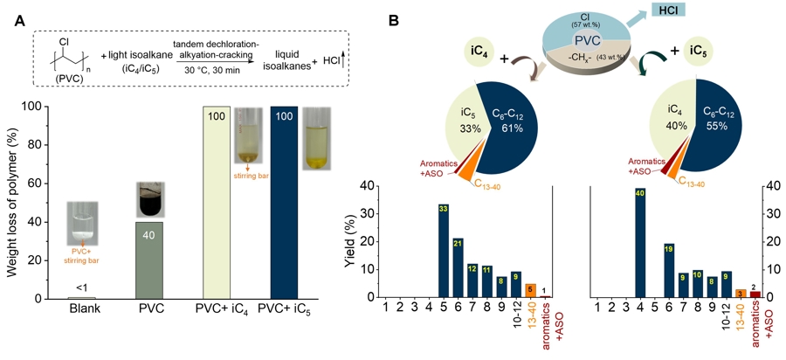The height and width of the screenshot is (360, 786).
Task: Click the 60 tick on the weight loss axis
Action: click(34, 183)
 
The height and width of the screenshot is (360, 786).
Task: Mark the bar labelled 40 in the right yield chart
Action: click(640, 244)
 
